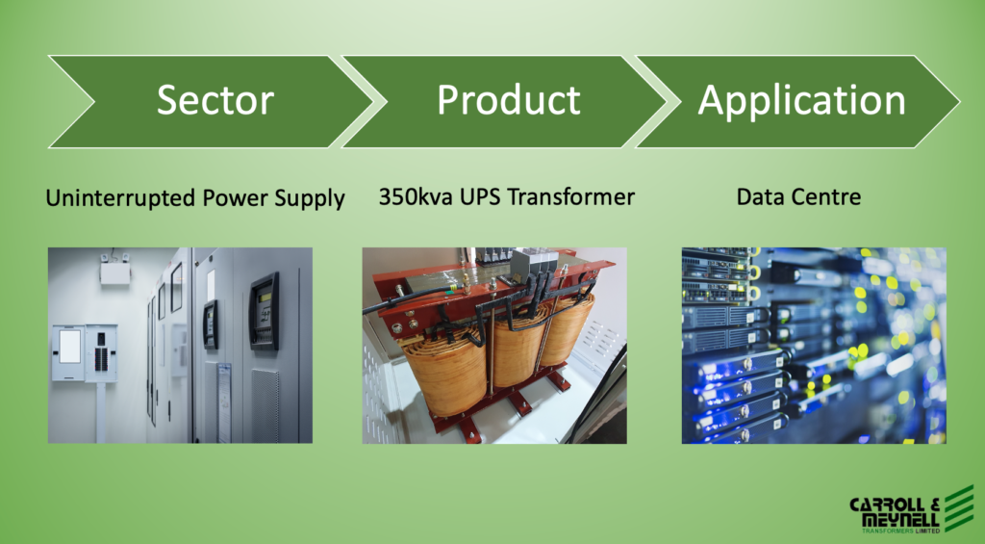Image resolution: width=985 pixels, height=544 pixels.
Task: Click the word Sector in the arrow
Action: pos(215,100)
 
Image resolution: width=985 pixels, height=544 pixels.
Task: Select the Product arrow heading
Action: pos(509,100)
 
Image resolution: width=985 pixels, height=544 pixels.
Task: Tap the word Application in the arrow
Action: pos(801,101)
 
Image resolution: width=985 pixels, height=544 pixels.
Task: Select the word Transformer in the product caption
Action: pos(571,196)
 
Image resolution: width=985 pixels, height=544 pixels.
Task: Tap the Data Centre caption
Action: pos(798,196)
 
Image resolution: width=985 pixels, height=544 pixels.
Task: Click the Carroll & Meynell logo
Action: pos(912,509)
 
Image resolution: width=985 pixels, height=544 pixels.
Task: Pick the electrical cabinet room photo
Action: pos(180,346)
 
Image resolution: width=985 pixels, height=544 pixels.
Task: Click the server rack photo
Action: pos(814,346)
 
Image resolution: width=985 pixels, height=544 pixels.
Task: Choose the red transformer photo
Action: pos(494,346)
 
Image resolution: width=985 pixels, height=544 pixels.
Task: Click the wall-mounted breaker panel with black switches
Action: pos(101,352)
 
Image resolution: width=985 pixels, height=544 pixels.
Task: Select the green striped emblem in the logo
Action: pos(959,508)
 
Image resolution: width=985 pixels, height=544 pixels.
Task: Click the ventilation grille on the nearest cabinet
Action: pos(265,405)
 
